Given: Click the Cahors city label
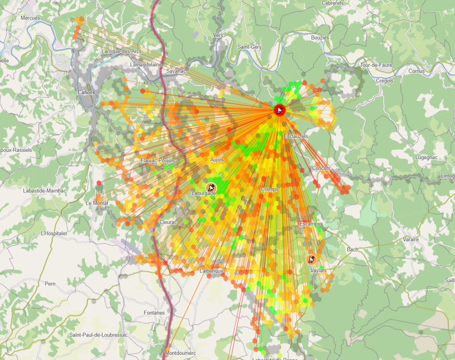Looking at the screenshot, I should [86, 93].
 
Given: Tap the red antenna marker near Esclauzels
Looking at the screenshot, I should [279, 110].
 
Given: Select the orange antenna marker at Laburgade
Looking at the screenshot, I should [211, 188].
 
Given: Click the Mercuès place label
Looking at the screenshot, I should [31, 18].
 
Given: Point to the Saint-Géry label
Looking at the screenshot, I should [249, 47].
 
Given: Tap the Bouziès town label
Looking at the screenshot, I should [320, 38].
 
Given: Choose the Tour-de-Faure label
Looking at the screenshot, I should [376, 65].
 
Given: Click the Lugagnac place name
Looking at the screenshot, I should [426, 157].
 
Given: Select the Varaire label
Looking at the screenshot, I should [411, 240].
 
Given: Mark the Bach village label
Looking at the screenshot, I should [352, 250].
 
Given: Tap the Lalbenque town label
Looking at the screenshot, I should [211, 271].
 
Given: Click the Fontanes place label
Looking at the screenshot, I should [154, 313].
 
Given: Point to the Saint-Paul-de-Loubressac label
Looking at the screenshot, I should [99, 335].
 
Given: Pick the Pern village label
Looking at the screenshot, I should [50, 284].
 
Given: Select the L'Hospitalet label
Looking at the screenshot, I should [54, 234].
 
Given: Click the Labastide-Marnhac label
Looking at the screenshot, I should [45, 190].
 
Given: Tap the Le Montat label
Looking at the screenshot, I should [97, 203].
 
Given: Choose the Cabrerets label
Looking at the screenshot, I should [333, 3].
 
